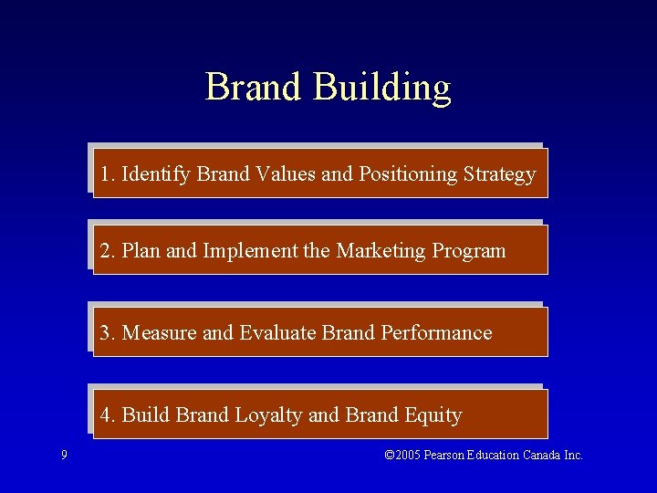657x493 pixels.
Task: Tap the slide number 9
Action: (x=63, y=455)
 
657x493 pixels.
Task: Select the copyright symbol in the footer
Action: (x=390, y=455)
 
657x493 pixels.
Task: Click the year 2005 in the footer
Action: (x=408, y=455)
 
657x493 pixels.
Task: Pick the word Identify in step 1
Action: (x=156, y=174)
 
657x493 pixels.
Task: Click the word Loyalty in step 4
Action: (x=268, y=415)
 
